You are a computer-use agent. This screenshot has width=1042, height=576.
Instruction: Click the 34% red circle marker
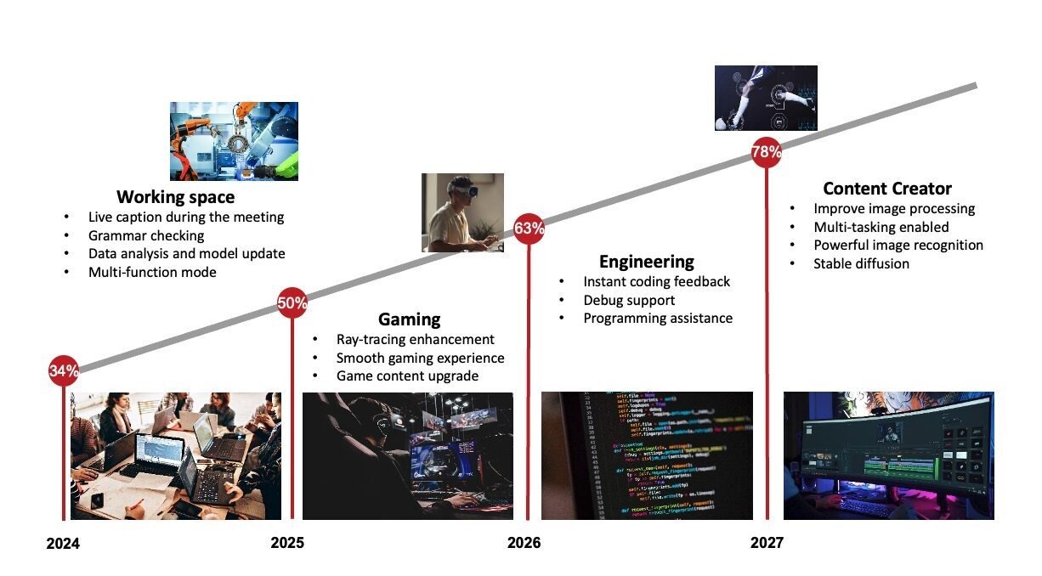point(64,370)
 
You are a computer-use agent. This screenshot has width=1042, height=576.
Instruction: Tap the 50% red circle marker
point(292,302)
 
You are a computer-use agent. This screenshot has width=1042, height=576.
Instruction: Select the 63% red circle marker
point(529,229)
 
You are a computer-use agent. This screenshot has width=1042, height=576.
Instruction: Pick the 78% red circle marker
point(767,152)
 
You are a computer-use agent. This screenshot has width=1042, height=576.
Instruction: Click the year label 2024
point(63,544)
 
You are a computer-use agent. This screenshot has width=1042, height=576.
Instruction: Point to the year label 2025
point(287,543)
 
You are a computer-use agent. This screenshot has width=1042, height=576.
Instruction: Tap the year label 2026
point(524,543)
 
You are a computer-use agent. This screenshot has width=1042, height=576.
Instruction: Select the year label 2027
point(767,543)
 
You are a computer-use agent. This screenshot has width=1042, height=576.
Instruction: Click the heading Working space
point(175,197)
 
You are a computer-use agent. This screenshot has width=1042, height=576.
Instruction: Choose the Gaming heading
point(410,319)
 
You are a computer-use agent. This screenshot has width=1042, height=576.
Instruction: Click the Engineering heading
point(647,262)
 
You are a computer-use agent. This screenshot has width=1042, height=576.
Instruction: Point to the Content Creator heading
point(887,189)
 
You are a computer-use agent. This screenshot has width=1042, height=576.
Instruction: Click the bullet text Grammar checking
point(146,235)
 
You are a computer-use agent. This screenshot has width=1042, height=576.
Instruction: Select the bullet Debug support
point(629,301)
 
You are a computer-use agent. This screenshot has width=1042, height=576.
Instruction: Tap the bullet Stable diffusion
point(861,263)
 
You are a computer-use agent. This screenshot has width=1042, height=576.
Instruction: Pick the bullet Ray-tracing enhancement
point(415,339)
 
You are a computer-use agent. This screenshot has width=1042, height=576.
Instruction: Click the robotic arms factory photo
point(234,141)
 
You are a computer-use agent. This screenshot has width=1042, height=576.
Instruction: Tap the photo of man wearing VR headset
point(462,213)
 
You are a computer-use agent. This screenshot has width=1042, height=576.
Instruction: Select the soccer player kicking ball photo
point(766,98)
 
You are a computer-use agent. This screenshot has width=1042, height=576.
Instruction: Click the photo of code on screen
point(647,455)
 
